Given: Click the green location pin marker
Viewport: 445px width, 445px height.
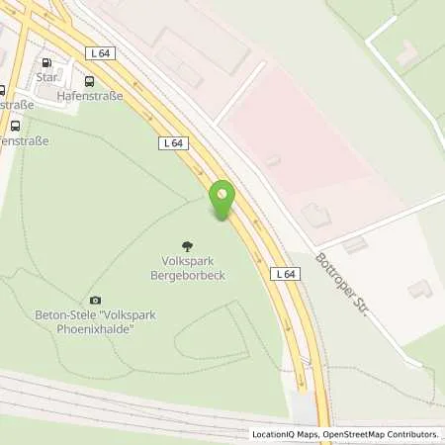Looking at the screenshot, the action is click(x=222, y=200).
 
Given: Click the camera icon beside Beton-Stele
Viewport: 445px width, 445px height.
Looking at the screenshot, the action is click(x=95, y=300).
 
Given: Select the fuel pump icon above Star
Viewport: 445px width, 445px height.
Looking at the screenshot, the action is click(x=46, y=62).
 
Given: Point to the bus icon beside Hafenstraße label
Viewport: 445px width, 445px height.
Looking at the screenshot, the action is click(x=90, y=82).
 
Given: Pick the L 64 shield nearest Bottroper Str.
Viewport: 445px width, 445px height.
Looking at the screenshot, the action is click(x=285, y=274).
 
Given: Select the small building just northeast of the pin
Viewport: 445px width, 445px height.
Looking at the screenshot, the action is click(x=273, y=160).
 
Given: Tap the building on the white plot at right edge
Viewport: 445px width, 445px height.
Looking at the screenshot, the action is click(x=420, y=288).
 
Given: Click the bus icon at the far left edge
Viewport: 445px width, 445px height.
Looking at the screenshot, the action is click(x=15, y=126).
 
